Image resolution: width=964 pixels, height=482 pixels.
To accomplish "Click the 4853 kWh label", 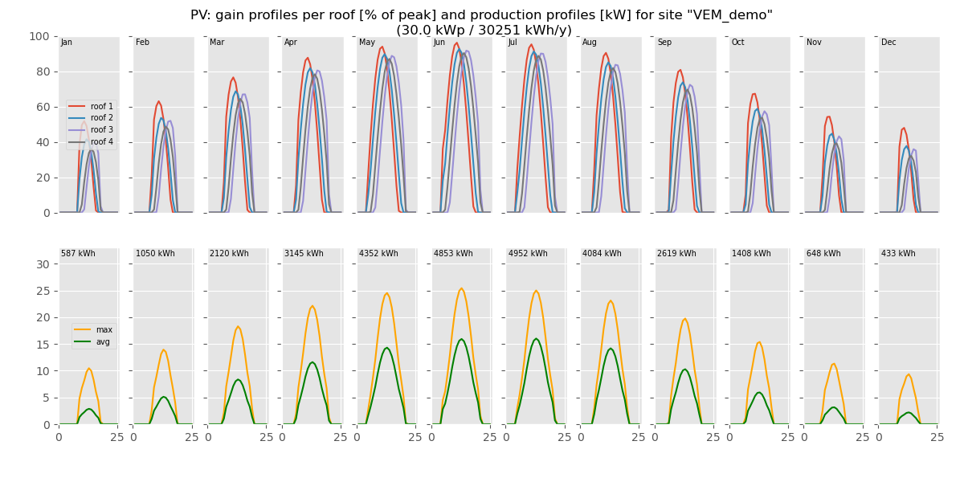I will coord(453,254).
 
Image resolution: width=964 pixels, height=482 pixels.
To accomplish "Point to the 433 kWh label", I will coord(898,254).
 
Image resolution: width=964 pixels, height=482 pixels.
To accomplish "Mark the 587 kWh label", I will coord(78,254).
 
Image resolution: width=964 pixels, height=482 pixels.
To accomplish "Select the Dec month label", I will coord(888,43).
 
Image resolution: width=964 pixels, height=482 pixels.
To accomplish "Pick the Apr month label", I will coord(291,43).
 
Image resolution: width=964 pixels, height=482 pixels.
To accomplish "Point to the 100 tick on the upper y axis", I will coord(39,36).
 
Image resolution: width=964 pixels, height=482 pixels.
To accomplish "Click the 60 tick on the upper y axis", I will coord(43,107).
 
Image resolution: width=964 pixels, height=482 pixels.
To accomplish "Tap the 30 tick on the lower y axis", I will coord(43,264).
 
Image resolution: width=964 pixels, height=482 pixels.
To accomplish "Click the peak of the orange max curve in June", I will coord(461,288).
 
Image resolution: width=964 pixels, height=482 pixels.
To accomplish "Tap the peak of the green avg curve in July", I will coord(536,338).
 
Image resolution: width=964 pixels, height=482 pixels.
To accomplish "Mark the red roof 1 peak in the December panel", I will coord(904,128).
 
